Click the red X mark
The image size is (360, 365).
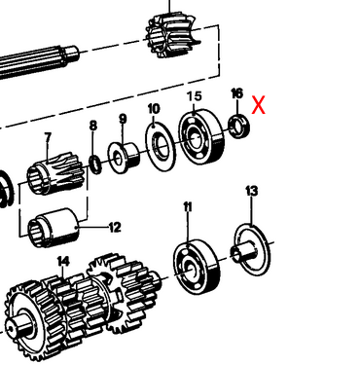[x=259, y=105]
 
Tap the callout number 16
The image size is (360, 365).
[x=236, y=93]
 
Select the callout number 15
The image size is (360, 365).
[x=195, y=96]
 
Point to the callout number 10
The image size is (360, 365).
[x=154, y=109]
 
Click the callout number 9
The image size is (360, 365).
[x=123, y=119]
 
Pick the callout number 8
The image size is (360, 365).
[x=93, y=126]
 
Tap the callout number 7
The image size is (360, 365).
[x=48, y=138]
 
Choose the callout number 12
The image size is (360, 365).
[x=115, y=228]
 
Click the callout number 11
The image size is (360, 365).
[x=188, y=207]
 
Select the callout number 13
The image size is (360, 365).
[x=252, y=191]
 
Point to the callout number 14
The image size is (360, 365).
[x=63, y=261]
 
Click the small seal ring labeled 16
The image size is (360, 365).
[x=239, y=127]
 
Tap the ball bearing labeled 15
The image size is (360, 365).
[x=201, y=137]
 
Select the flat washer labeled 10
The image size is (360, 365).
[x=161, y=146]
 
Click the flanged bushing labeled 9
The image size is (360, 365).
[x=124, y=158]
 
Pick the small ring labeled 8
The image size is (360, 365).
[x=95, y=164]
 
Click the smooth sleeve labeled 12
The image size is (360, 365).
[x=53, y=228]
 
